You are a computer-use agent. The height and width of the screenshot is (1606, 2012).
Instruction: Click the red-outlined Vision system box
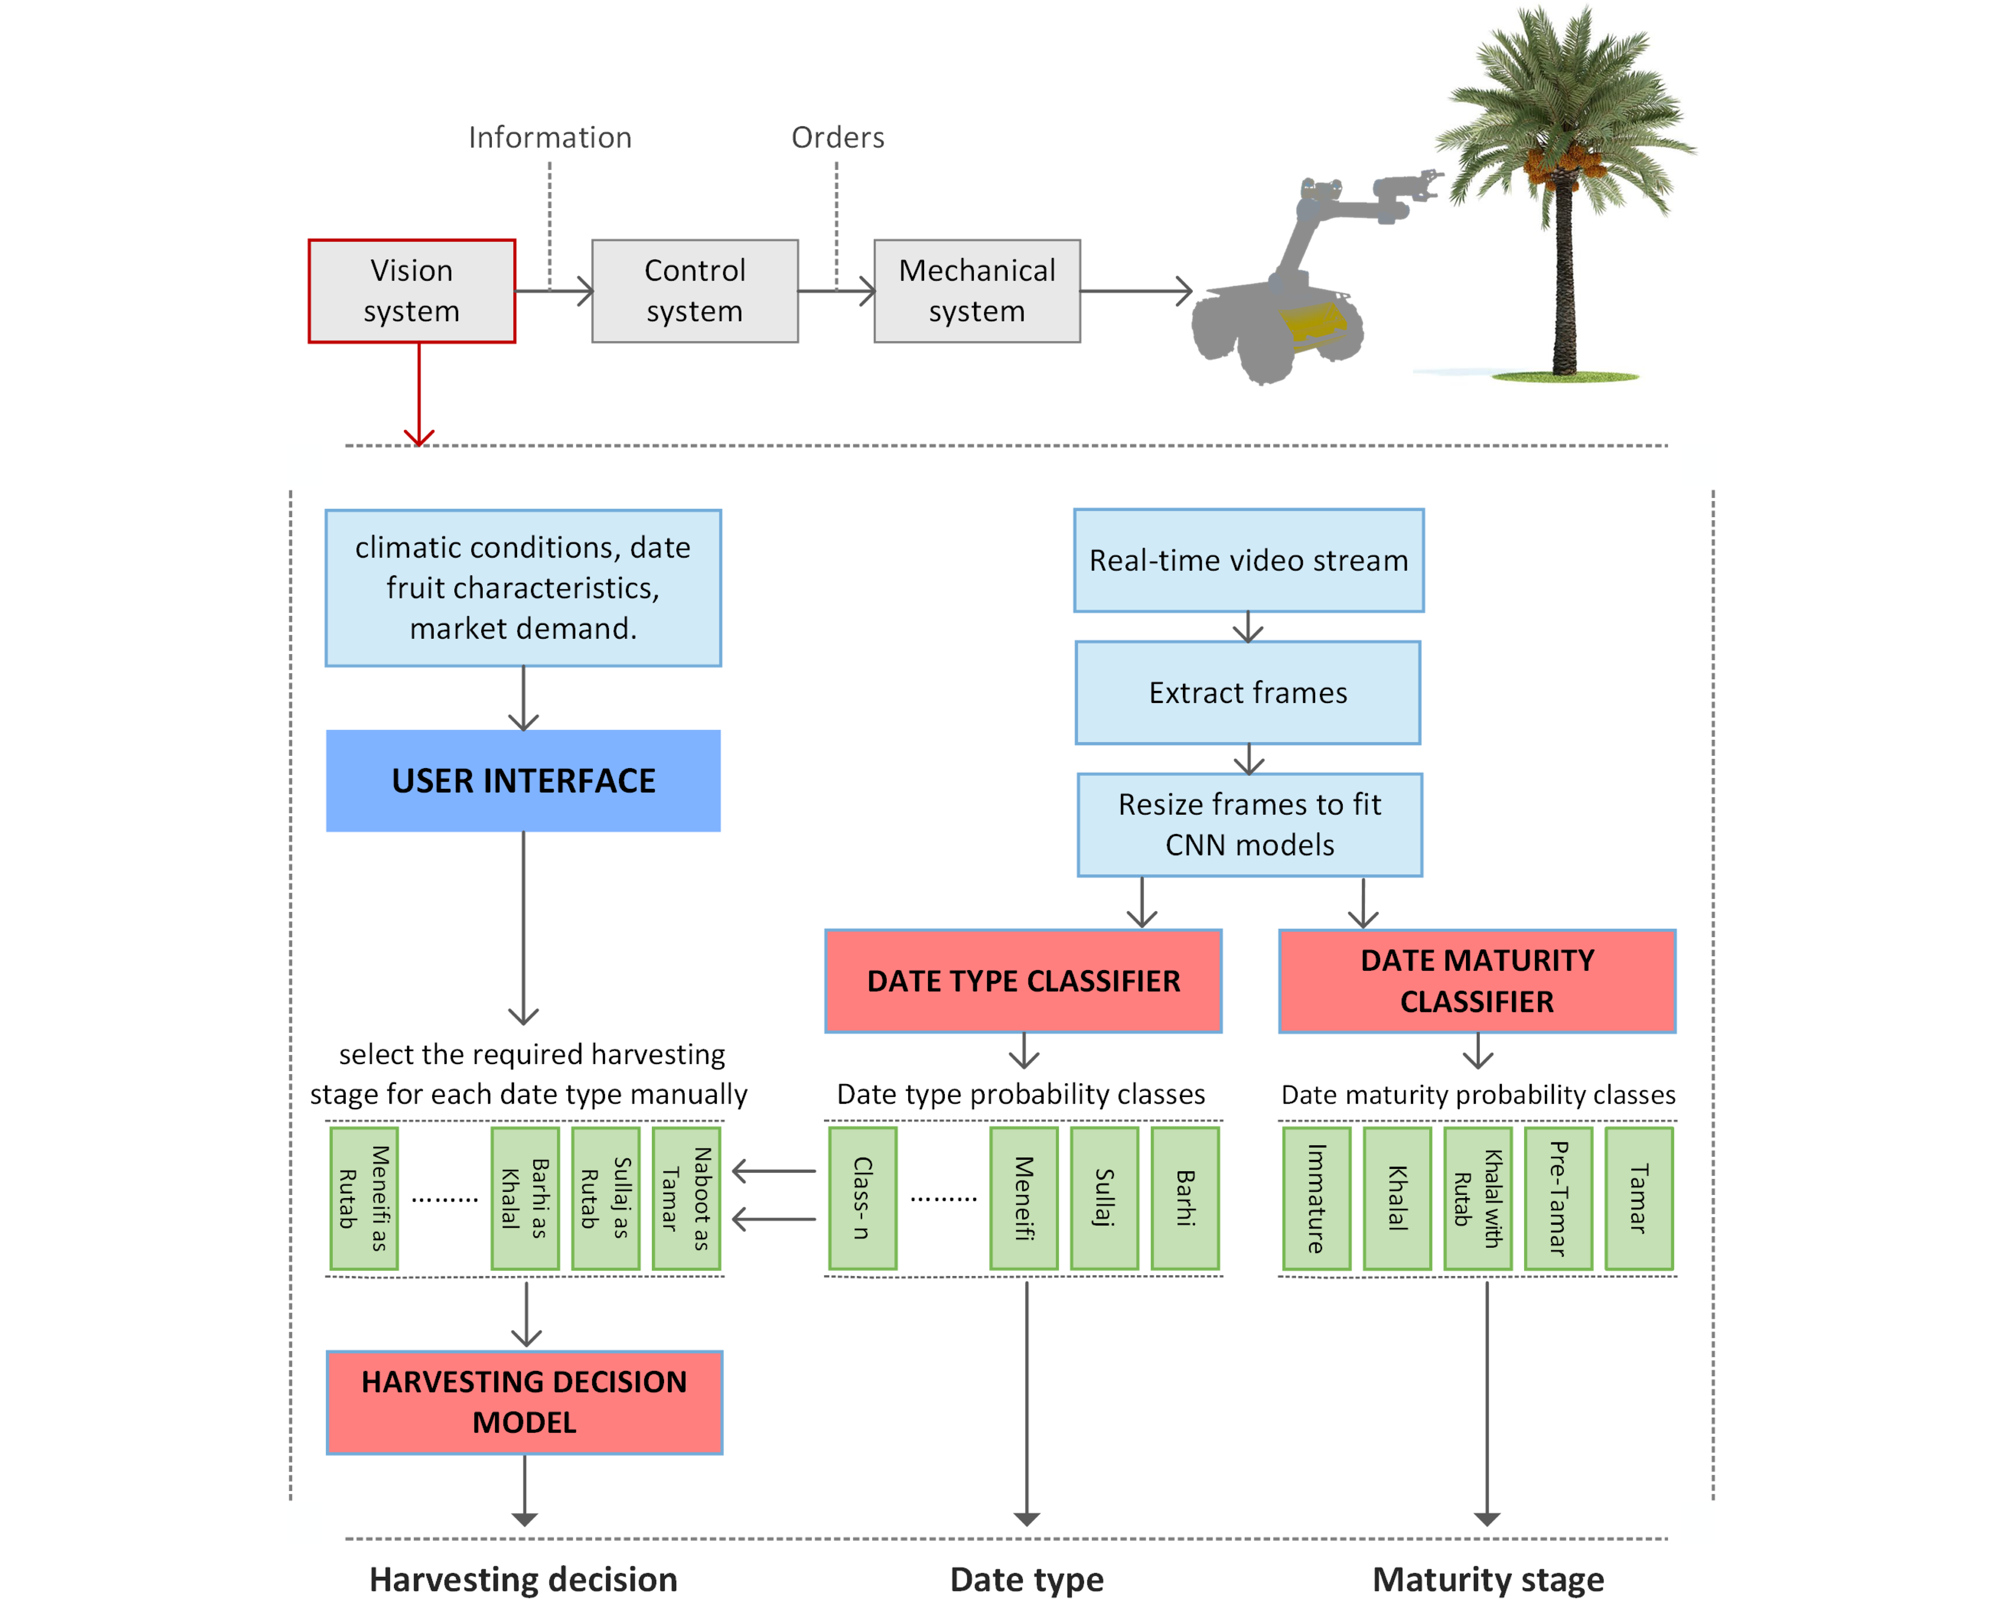click(x=412, y=291)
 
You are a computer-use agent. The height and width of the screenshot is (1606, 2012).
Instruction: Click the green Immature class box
click(x=1316, y=1198)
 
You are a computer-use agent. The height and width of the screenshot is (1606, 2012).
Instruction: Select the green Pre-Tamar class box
click(x=1557, y=1198)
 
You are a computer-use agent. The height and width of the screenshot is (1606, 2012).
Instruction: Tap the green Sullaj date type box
click(x=1104, y=1198)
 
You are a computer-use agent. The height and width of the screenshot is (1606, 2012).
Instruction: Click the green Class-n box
click(x=862, y=1198)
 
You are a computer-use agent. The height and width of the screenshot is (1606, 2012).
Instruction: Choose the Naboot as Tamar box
click(x=686, y=1198)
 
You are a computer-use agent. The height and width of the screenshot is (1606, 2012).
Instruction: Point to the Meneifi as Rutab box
click(x=364, y=1198)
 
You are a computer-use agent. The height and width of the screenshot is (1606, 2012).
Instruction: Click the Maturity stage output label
click(x=1488, y=1579)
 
